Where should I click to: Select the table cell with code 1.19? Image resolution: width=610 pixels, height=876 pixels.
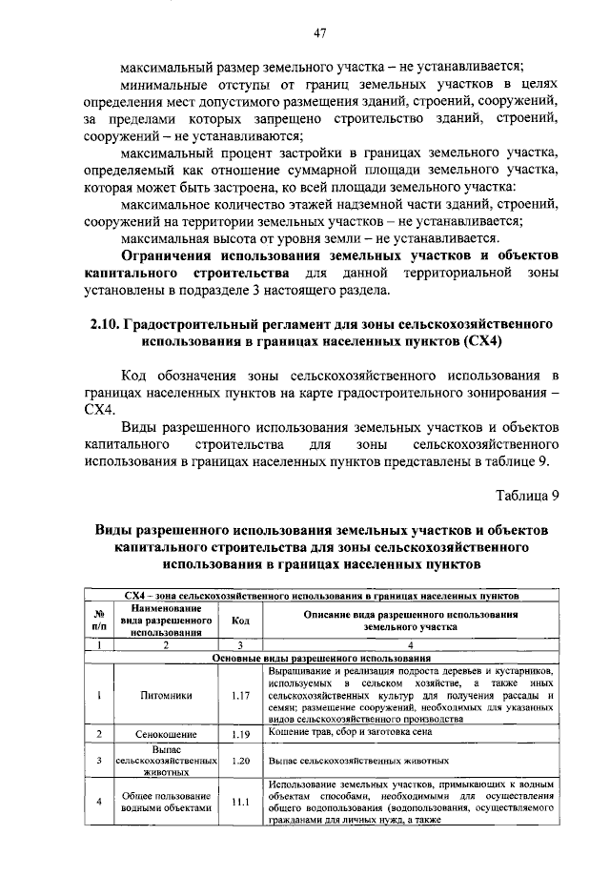tap(239, 734)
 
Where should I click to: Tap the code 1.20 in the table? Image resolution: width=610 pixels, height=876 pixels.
tap(239, 762)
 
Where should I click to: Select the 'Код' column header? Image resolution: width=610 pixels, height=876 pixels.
tap(239, 620)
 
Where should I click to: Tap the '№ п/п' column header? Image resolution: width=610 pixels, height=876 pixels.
tap(99, 620)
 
